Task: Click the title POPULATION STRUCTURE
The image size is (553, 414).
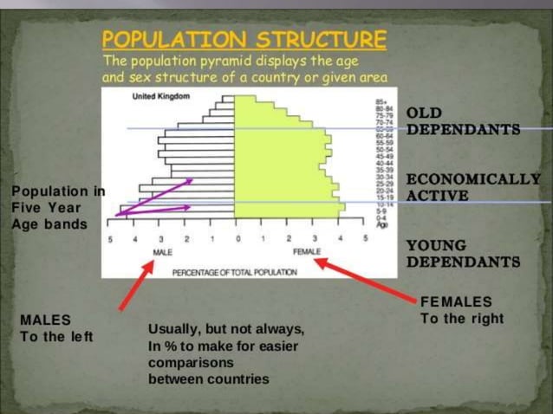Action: (244, 40)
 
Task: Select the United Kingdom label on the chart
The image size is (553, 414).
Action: (160, 96)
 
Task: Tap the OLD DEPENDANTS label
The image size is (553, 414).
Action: (463, 122)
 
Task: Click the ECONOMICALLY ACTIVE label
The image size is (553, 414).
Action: (473, 187)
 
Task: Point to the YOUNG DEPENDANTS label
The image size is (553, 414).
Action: (463, 254)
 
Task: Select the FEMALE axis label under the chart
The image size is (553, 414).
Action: (307, 252)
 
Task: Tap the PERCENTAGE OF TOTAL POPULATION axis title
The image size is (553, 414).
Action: (234, 272)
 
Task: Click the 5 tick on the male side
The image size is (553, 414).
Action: (110, 237)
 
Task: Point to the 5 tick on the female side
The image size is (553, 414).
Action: (366, 237)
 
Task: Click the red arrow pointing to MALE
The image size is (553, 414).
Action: (136, 283)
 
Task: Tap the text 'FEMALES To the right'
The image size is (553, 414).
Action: (460, 310)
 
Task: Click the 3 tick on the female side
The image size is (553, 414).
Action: (314, 237)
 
